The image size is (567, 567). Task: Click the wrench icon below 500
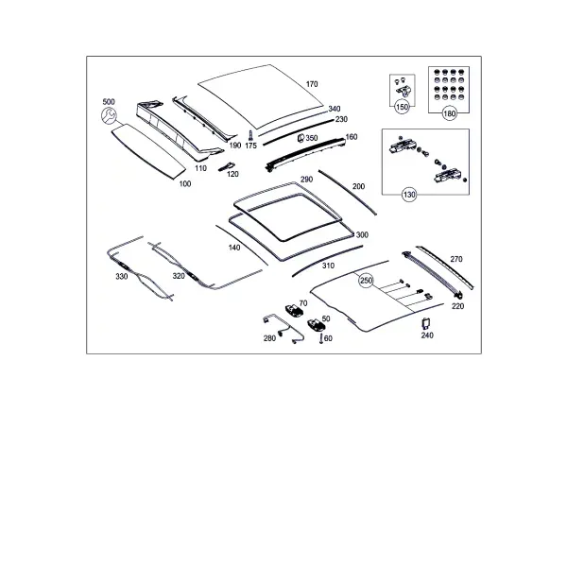(x=109, y=115)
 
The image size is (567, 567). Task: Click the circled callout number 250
(x=366, y=281)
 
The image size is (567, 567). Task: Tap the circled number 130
(x=409, y=195)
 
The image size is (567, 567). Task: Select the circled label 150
(x=402, y=107)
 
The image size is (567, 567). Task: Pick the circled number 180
(x=449, y=114)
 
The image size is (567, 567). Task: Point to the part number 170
(x=312, y=84)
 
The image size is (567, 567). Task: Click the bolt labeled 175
(x=249, y=135)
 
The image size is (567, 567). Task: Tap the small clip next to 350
(x=301, y=138)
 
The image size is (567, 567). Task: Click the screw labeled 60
(x=320, y=339)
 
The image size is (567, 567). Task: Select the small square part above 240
(x=426, y=323)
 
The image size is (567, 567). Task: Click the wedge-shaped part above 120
(x=227, y=166)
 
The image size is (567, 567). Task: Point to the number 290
(x=306, y=180)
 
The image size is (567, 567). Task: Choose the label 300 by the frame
(x=362, y=235)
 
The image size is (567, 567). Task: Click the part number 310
(x=328, y=266)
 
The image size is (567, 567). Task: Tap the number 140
(x=234, y=248)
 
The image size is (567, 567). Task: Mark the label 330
(x=122, y=277)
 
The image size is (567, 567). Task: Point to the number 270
(x=456, y=259)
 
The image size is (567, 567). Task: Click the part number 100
(x=185, y=184)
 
